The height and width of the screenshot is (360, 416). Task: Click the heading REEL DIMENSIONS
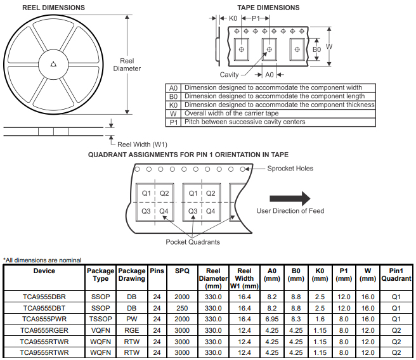(54, 8)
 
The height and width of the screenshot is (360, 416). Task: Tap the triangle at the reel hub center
(54, 65)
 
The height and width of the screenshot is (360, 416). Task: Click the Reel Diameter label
(127, 65)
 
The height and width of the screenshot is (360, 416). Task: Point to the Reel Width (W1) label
(142, 145)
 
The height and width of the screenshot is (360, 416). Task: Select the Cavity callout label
(229, 75)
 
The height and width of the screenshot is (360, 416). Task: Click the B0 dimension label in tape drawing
(317, 49)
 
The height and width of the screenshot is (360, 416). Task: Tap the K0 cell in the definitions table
(173, 105)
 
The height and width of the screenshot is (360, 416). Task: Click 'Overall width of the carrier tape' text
(231, 113)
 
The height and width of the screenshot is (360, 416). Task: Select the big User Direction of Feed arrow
(290, 198)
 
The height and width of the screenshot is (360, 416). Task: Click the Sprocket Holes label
(290, 169)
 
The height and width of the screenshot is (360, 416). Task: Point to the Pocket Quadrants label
(193, 241)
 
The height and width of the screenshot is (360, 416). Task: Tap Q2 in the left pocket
(164, 193)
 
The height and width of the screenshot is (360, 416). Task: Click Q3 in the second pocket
(193, 211)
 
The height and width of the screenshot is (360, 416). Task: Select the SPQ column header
(182, 271)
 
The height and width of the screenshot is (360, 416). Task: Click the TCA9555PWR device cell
(44, 319)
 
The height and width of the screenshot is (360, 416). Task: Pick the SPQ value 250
(182, 308)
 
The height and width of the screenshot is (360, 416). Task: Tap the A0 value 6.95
(272, 319)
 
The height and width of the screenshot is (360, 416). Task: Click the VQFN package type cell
(100, 330)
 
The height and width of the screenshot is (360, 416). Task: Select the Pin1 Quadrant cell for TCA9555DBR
(396, 297)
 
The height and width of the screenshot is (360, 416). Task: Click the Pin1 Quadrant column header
(396, 274)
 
